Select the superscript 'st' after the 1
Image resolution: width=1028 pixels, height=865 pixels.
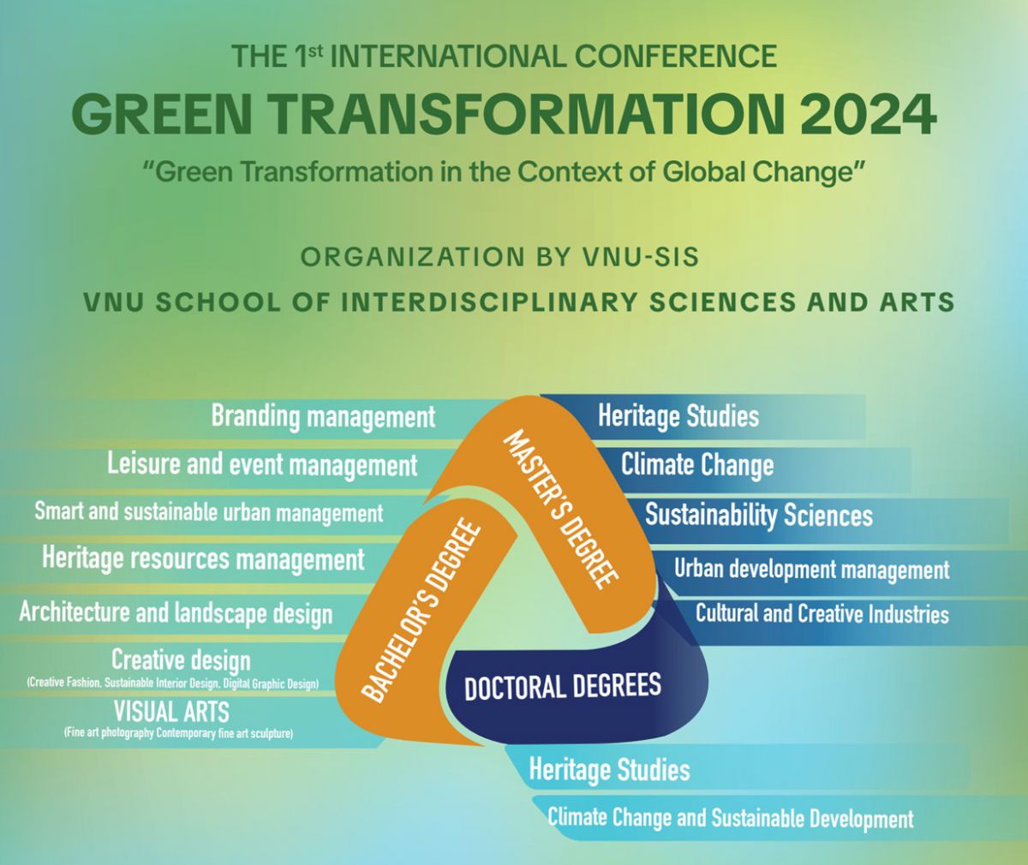[315, 51]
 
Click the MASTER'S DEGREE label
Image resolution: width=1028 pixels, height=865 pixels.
[561, 510]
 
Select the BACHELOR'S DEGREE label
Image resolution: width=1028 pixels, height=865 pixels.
[421, 611]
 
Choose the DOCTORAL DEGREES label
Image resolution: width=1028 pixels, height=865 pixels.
[563, 687]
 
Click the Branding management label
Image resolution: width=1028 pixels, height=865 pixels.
[324, 417]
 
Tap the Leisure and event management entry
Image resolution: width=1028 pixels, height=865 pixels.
[262, 465]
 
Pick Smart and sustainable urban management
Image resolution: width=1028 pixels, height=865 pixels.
[209, 512]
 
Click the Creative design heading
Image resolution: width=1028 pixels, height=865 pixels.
[181, 659]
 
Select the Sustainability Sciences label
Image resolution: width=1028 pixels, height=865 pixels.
[759, 515]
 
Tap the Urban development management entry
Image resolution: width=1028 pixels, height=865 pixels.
[812, 570]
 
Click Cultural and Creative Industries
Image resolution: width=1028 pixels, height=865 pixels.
[822, 613]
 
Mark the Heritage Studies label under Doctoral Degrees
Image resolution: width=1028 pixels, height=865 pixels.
[609, 769]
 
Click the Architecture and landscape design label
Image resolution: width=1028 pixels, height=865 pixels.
[176, 613]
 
